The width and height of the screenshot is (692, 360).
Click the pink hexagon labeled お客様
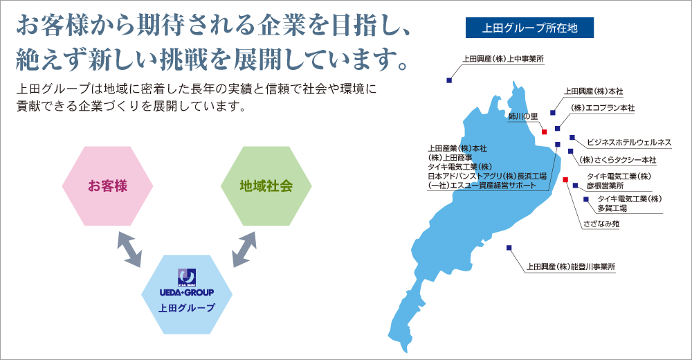(x=107, y=186)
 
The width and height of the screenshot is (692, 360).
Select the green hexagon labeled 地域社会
(x=266, y=186)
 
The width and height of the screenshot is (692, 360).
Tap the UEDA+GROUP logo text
(x=187, y=292)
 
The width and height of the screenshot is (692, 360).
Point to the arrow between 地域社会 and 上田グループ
(x=244, y=249)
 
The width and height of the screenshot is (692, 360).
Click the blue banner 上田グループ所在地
(x=529, y=28)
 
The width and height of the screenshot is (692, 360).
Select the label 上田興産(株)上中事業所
(x=503, y=59)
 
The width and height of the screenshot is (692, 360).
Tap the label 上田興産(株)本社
(x=594, y=91)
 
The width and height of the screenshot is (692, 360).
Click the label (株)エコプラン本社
(x=603, y=108)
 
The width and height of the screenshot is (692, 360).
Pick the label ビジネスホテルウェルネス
(x=629, y=142)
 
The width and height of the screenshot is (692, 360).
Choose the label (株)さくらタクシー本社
(x=618, y=160)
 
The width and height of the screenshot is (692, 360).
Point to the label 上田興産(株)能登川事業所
(x=571, y=267)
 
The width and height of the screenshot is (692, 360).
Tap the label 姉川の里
(x=523, y=116)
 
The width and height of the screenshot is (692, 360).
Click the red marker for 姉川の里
(x=544, y=132)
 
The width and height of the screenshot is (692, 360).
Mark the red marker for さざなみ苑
(x=565, y=179)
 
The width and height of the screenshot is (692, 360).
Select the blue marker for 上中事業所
(x=449, y=80)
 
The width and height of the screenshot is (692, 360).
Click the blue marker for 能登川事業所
(x=509, y=248)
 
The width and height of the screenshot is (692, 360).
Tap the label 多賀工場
(x=612, y=208)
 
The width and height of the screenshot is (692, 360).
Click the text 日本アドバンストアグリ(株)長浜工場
(x=487, y=177)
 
